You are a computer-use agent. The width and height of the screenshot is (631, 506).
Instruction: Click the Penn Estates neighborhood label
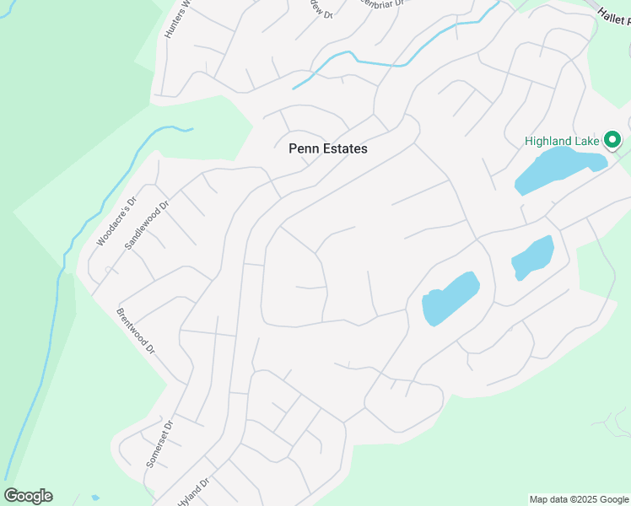[x=328, y=148]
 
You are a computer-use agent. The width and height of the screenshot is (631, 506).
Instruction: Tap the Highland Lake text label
[x=561, y=141]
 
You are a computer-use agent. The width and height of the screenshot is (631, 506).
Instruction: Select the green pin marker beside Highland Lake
[x=613, y=140]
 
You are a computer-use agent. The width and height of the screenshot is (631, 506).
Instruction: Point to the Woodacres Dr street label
[x=116, y=222]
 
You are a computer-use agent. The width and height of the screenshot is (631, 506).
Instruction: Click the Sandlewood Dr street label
[x=147, y=223]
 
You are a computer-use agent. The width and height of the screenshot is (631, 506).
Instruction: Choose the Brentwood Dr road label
[x=136, y=331]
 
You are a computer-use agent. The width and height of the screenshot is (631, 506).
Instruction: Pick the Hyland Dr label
[x=193, y=493]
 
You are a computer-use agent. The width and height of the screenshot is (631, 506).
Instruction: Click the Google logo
[x=28, y=496]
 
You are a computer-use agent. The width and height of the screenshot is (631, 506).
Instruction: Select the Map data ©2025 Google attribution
[x=579, y=499]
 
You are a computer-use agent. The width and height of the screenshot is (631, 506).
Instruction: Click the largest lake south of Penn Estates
[x=450, y=299]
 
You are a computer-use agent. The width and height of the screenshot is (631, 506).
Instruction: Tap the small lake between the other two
[x=532, y=256]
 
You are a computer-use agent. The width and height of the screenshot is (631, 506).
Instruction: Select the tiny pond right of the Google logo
[x=94, y=498]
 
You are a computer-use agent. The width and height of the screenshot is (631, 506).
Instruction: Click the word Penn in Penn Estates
[x=304, y=148]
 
